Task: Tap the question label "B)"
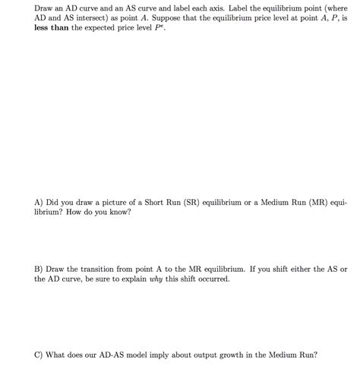[x=39, y=270]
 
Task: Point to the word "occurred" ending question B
[x=214, y=279]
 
